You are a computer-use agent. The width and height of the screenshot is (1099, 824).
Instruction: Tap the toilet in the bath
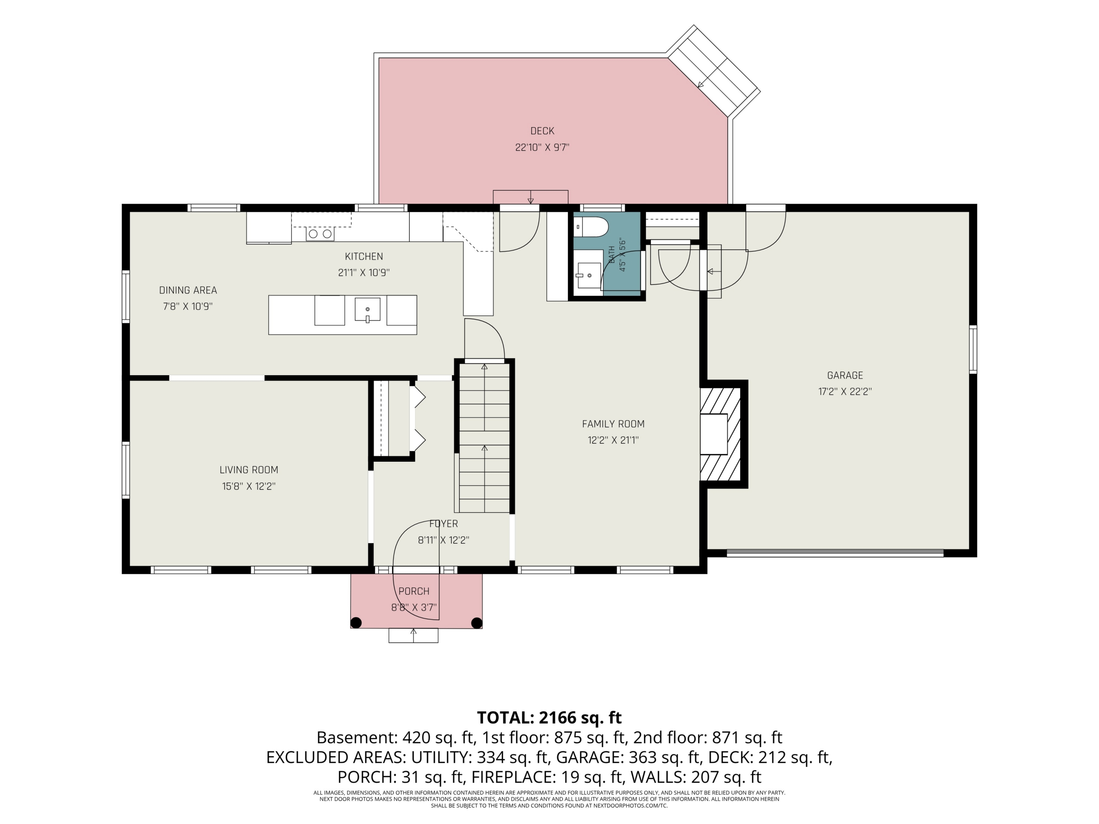pyautogui.click(x=591, y=227)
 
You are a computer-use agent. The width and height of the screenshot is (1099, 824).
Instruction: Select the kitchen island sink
pyautogui.click(x=367, y=309)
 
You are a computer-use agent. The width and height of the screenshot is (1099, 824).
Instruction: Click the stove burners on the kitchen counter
pyautogui.click(x=320, y=233)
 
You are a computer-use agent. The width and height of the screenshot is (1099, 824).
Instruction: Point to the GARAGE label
pyautogui.click(x=845, y=376)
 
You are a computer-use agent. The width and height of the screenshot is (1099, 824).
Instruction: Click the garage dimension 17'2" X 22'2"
pyautogui.click(x=845, y=391)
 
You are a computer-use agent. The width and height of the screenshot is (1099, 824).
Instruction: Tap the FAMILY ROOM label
pyautogui.click(x=613, y=424)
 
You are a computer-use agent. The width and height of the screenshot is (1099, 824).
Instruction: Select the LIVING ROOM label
pyautogui.click(x=249, y=470)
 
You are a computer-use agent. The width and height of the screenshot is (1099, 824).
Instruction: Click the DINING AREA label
pyautogui.click(x=188, y=290)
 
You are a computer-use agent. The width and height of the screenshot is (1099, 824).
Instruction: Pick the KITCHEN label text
pyautogui.click(x=364, y=256)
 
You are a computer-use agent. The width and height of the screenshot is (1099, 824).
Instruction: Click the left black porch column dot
pyautogui.click(x=356, y=623)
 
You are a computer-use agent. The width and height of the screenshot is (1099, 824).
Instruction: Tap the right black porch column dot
pyautogui.click(x=477, y=623)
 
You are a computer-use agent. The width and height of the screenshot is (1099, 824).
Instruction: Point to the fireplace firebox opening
pyautogui.click(x=714, y=434)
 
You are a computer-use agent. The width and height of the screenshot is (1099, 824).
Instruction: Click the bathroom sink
pyautogui.click(x=588, y=275)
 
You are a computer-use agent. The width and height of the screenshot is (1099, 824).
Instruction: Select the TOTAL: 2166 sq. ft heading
pyautogui.click(x=549, y=718)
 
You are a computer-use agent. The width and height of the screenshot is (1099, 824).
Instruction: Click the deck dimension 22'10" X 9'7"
pyautogui.click(x=542, y=148)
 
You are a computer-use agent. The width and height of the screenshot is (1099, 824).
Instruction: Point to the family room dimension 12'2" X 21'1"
pyautogui.click(x=613, y=440)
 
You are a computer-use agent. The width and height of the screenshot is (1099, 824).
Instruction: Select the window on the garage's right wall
pyautogui.click(x=973, y=349)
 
